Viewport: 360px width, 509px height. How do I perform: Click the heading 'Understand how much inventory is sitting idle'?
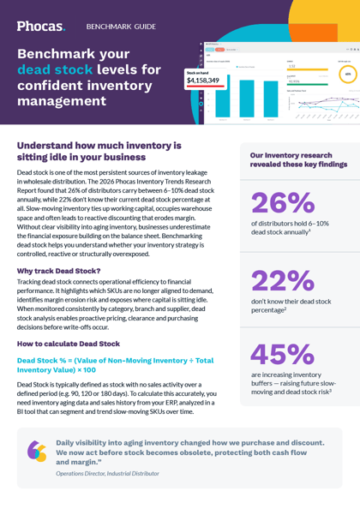click(99, 151)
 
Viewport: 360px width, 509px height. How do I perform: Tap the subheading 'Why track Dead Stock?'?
click(59, 271)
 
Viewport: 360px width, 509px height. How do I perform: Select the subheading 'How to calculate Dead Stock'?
click(69, 343)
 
